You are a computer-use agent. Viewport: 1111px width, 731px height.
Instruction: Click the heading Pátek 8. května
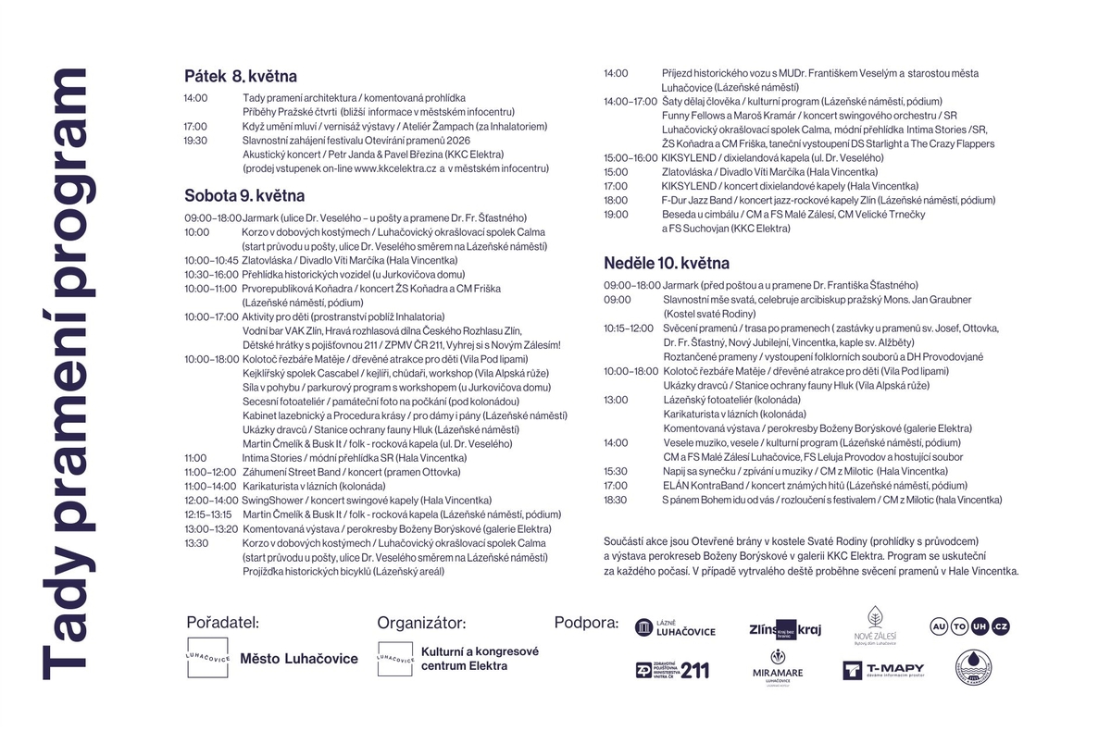point(240,76)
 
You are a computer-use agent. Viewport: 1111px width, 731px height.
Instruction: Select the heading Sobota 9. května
point(244,196)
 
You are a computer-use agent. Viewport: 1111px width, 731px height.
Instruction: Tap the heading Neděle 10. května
point(667,264)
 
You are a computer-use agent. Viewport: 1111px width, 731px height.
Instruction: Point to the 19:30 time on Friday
point(195,141)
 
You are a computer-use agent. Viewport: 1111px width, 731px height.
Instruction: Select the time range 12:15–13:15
point(208,514)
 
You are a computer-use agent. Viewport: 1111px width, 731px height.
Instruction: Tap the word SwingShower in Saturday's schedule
point(268,500)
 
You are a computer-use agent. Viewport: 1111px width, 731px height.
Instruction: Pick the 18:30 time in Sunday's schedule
point(616,500)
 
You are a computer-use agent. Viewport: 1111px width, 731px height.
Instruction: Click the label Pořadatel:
point(222,623)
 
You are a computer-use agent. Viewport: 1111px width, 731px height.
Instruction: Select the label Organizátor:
point(421,623)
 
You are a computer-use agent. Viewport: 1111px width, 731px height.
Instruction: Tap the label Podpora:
point(586,623)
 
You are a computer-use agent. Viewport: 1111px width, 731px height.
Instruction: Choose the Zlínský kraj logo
point(785,629)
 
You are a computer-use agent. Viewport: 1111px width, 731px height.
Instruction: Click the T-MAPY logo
point(883,670)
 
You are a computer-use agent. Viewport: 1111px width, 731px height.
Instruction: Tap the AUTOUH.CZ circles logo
point(969,627)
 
